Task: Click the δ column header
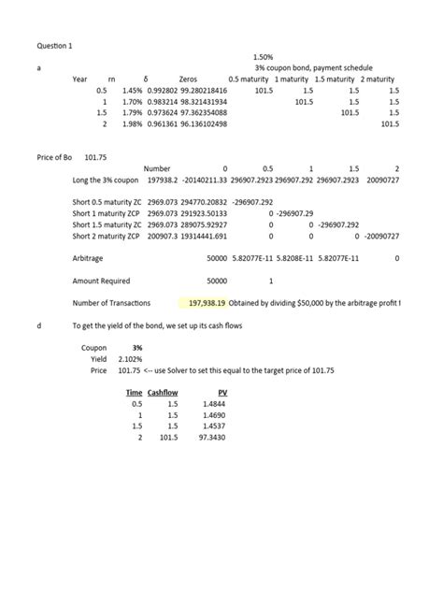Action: pyautogui.click(x=148, y=79)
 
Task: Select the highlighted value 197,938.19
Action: pyautogui.click(x=210, y=303)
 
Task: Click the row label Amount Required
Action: pyautogui.click(x=102, y=281)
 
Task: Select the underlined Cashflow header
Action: pyautogui.click(x=163, y=393)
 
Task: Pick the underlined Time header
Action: pyautogui.click(x=135, y=393)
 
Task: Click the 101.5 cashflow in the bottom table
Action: pyautogui.click(x=168, y=438)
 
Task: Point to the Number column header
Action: pyautogui.click(x=157, y=168)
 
